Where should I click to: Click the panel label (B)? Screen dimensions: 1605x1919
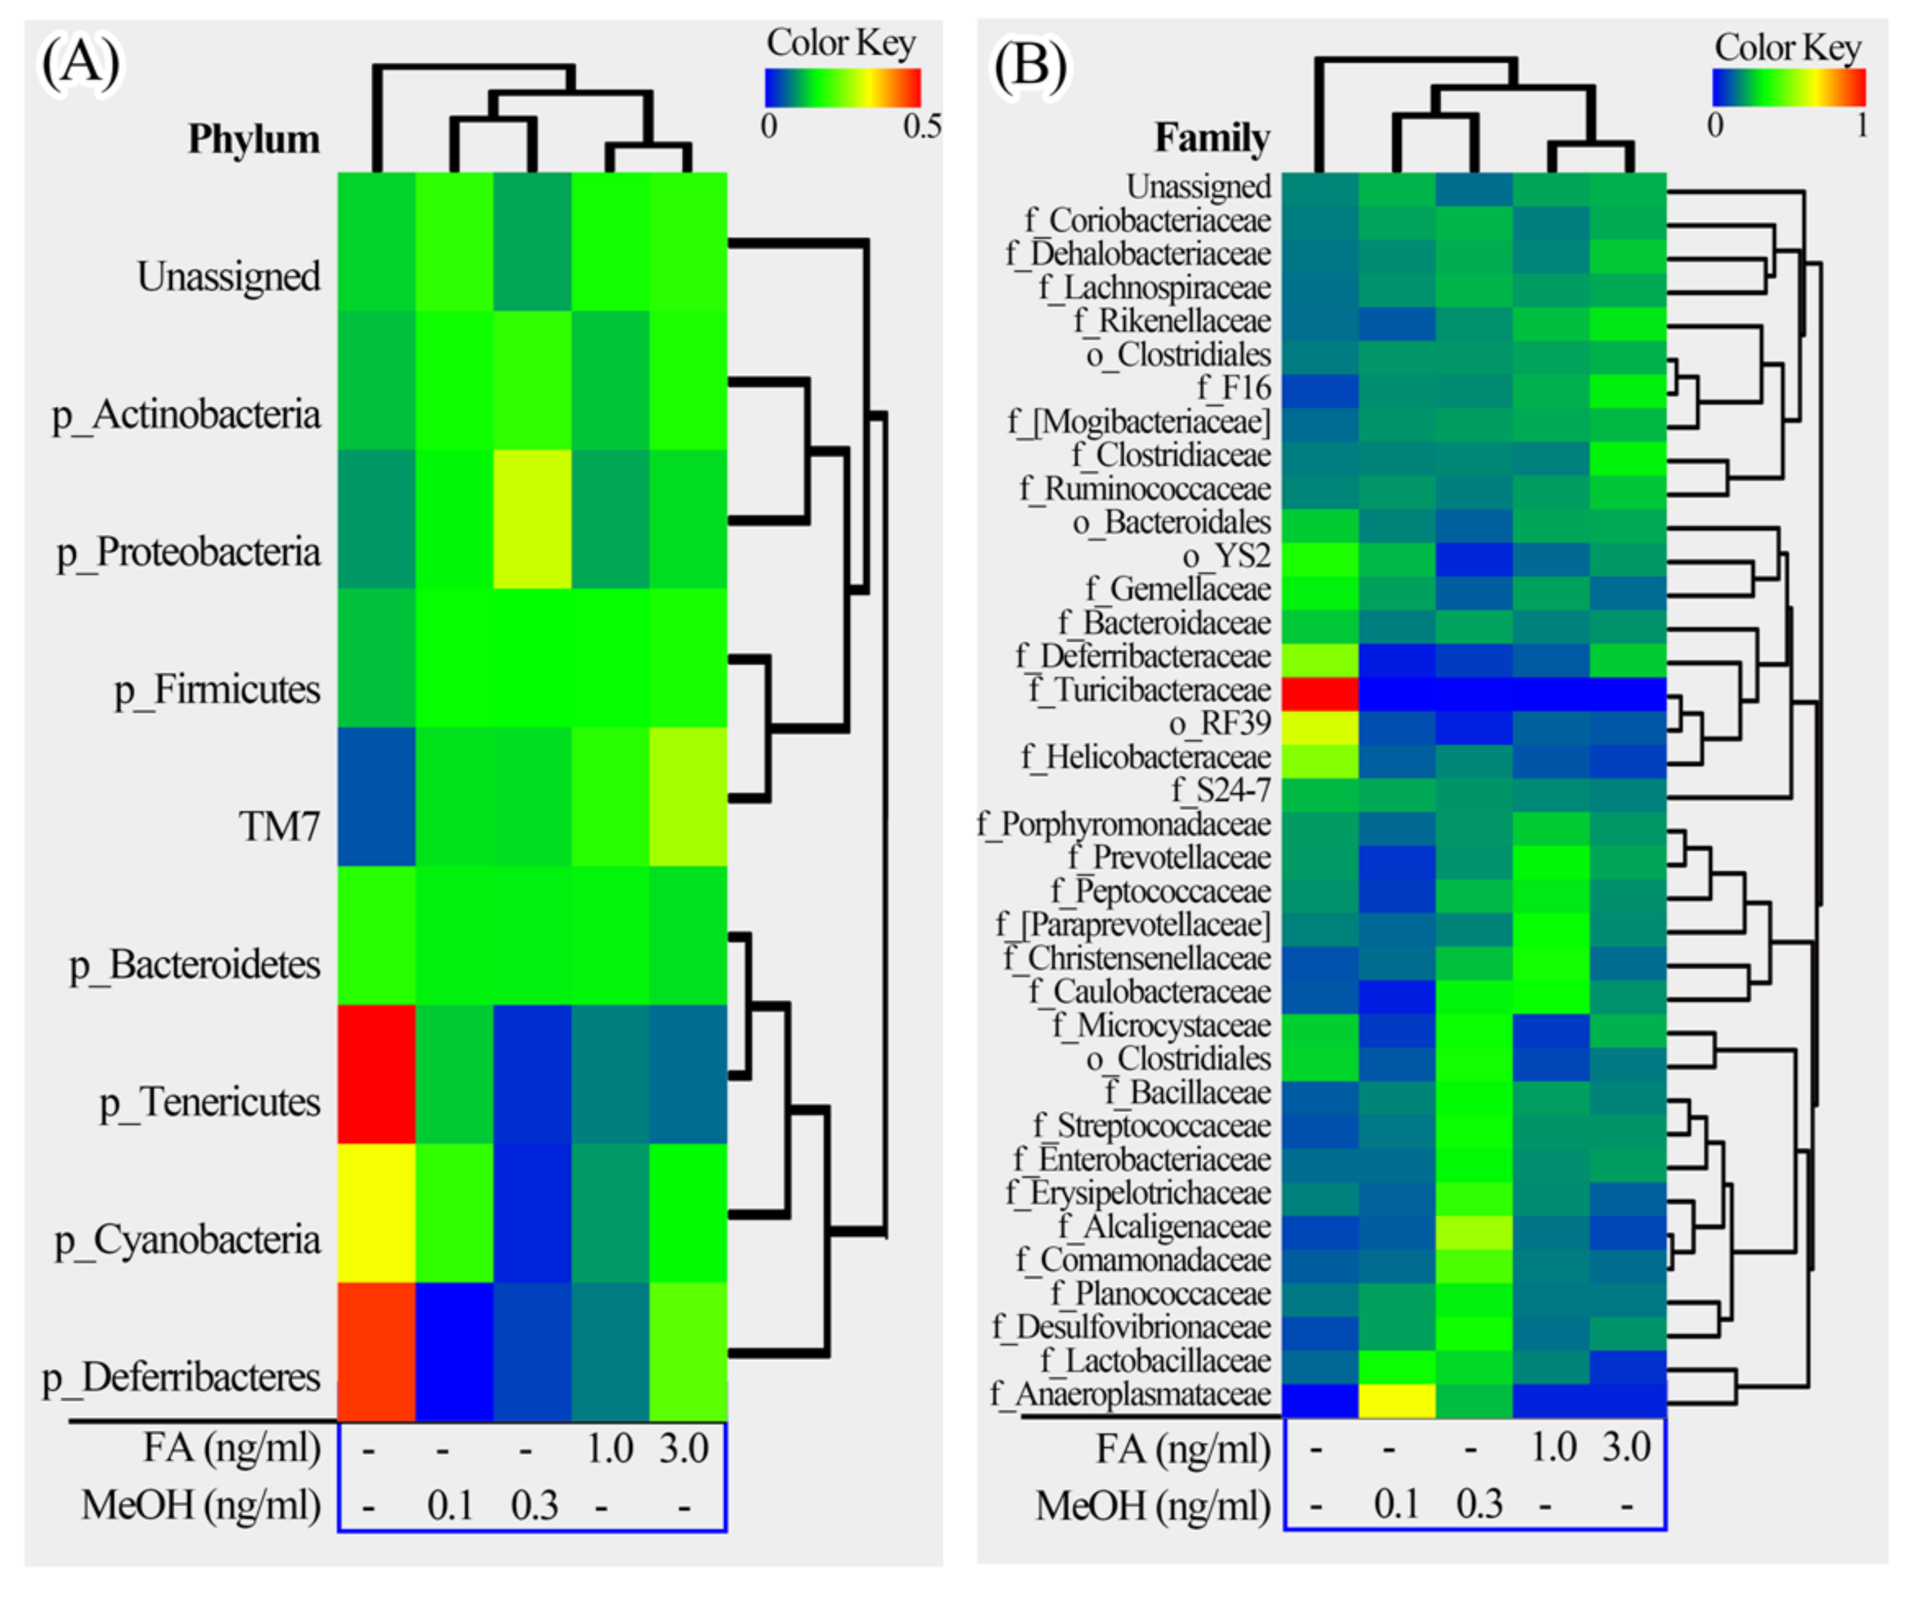pos(1030,66)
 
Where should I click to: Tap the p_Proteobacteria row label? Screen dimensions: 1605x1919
pos(188,552)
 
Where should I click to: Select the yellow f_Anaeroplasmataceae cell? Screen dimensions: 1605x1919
pos(1396,1400)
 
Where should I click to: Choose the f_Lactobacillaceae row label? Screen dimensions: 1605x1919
pos(1155,1361)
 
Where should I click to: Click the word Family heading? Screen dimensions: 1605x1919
pos(1212,138)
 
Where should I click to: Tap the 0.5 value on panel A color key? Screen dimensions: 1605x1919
pos(921,126)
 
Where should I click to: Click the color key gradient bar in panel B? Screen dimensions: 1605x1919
pos(1788,88)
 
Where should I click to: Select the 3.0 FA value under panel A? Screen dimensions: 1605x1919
pos(683,1450)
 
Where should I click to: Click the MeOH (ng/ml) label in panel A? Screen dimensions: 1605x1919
pos(201,1505)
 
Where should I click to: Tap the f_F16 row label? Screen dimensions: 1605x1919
pos(1234,388)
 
